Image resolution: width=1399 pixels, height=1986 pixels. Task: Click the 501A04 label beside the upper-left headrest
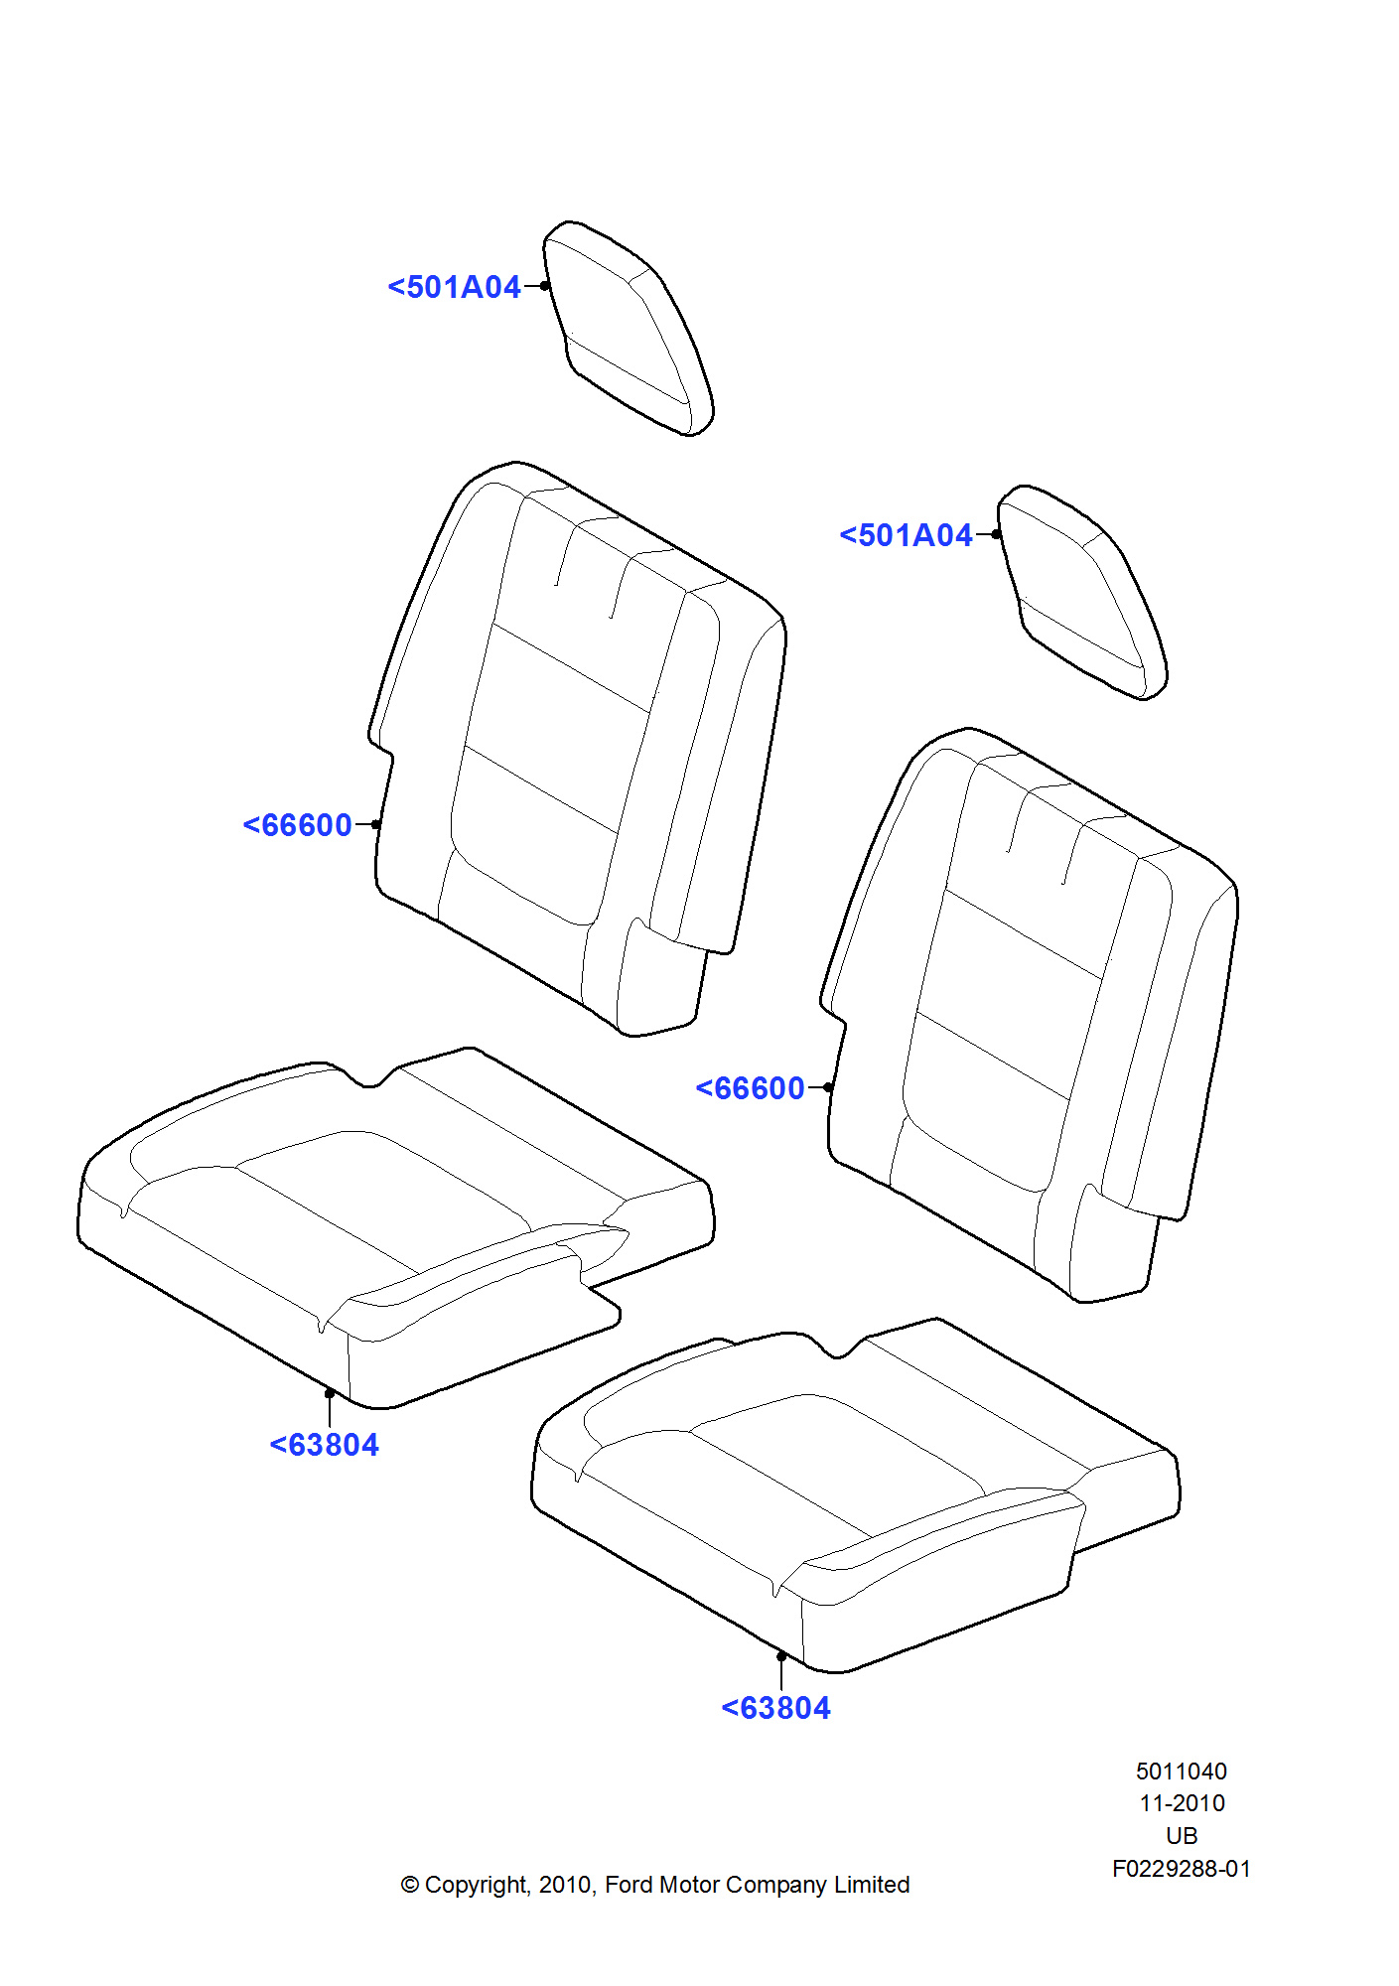455,287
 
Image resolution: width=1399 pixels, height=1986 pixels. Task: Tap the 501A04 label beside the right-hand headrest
907,535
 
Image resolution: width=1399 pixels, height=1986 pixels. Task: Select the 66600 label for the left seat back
298,825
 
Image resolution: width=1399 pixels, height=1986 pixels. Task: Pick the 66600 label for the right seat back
751,1088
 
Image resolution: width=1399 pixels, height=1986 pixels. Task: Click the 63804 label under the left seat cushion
325,1445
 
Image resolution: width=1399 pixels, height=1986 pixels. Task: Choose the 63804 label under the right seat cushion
776,1708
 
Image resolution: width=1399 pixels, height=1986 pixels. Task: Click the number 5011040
1182,1772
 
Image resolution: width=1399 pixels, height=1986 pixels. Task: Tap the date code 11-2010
1182,1803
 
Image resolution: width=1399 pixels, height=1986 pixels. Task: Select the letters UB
1182,1836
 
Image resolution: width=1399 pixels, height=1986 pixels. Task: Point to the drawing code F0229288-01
1182,1869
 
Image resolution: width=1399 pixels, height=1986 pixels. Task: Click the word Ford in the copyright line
629,1885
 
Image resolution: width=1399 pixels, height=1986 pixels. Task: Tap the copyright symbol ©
410,1885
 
